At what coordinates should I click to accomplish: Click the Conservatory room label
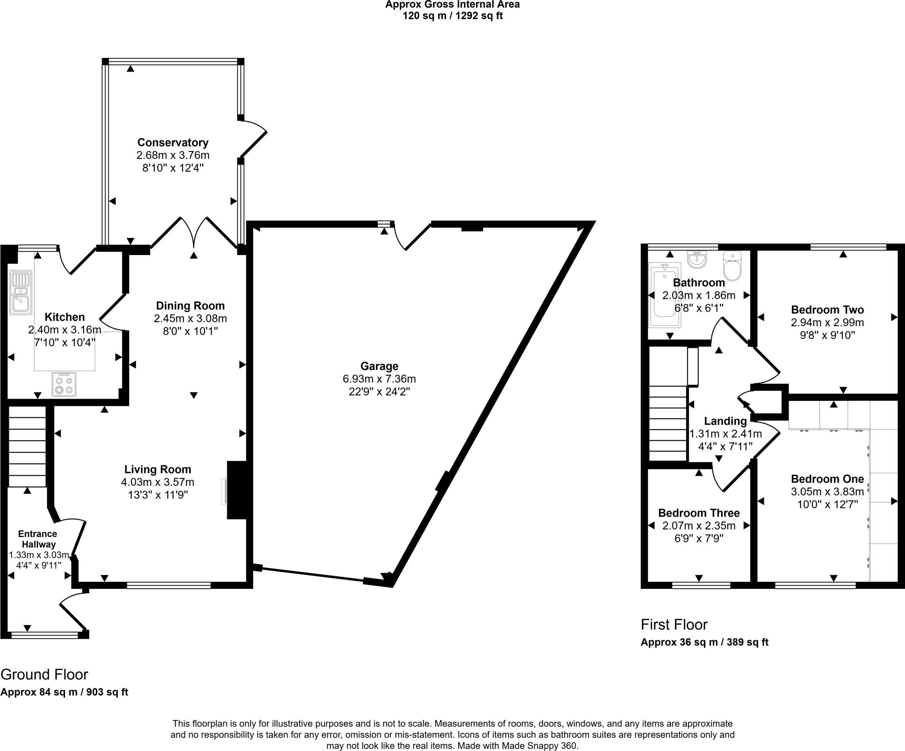click(x=172, y=142)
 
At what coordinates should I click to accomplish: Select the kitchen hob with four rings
click(x=64, y=385)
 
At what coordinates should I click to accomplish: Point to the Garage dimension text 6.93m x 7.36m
click(x=379, y=379)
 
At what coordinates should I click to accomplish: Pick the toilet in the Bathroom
click(x=732, y=267)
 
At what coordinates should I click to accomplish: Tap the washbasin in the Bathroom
click(x=697, y=260)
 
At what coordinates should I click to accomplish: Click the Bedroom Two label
click(x=827, y=309)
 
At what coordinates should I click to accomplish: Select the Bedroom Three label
click(x=699, y=513)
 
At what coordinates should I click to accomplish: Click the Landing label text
click(x=725, y=421)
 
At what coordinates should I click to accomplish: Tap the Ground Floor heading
click(x=44, y=674)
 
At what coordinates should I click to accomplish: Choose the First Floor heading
click(x=674, y=624)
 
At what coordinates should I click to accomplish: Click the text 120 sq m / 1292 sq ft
click(x=452, y=16)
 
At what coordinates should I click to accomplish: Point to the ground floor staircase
click(x=27, y=446)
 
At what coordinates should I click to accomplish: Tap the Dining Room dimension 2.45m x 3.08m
click(x=190, y=318)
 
